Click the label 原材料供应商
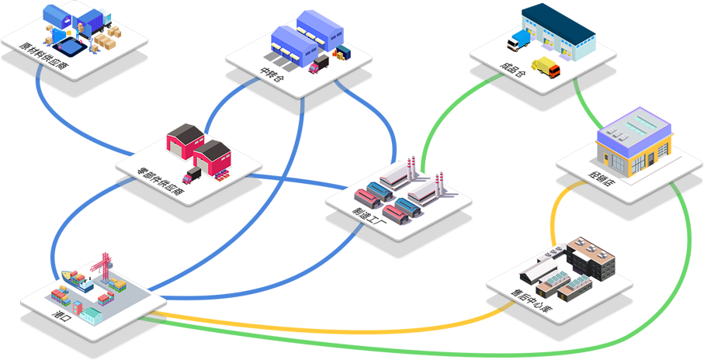click(45, 57)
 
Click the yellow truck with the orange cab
click(546, 67)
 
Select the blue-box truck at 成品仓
click(518, 39)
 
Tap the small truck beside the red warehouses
click(191, 175)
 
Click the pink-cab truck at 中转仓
click(319, 64)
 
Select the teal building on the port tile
click(91, 315)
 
